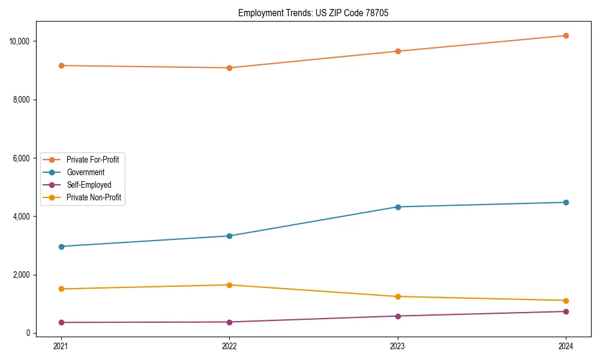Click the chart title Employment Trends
pyautogui.click(x=313, y=13)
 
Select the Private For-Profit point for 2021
pyautogui.click(x=61, y=65)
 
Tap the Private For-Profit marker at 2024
pyautogui.click(x=566, y=36)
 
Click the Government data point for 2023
pyautogui.click(x=397, y=207)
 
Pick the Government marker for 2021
pyautogui.click(x=61, y=247)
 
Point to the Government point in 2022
pyautogui.click(x=229, y=236)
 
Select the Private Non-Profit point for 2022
pyautogui.click(x=229, y=285)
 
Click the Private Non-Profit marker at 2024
pyautogui.click(x=566, y=301)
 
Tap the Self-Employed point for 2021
pyautogui.click(x=61, y=323)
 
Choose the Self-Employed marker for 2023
pyautogui.click(x=397, y=316)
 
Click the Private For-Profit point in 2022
pyautogui.click(x=229, y=68)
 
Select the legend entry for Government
pyautogui.click(x=85, y=172)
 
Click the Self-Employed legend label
pyautogui.click(x=89, y=185)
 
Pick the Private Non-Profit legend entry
pyautogui.click(x=94, y=197)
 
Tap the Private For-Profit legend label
pyautogui.click(x=92, y=160)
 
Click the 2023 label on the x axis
pyautogui.click(x=397, y=346)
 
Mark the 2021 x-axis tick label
pyautogui.click(x=61, y=346)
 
